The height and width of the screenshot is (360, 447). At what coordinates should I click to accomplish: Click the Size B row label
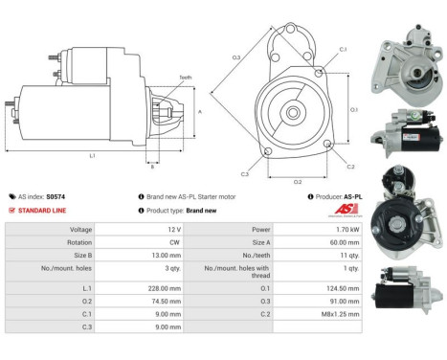coord(80,257)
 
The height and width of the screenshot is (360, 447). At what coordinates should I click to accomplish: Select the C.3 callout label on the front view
coord(246,173)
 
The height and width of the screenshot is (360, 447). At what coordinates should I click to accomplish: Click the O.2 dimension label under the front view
coord(298,181)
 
